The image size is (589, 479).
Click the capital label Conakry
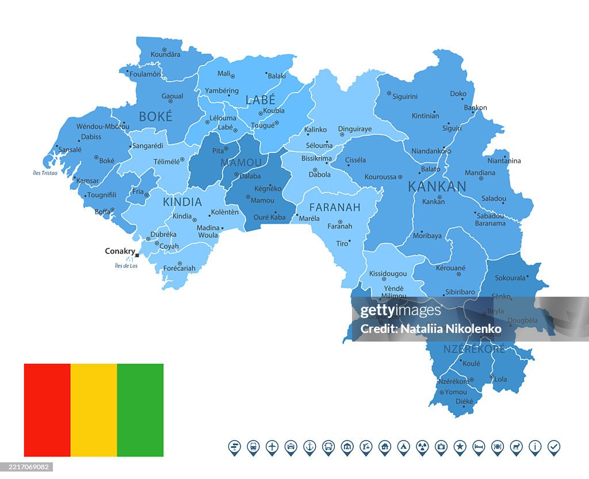(x=120, y=251)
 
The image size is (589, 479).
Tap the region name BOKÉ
(x=155, y=117)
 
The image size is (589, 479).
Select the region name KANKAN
(x=437, y=186)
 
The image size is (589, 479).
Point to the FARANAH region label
(x=335, y=207)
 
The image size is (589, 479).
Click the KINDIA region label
(x=182, y=202)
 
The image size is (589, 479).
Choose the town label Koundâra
(x=165, y=55)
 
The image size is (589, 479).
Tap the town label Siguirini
(x=405, y=97)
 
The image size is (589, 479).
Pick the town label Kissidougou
(x=388, y=274)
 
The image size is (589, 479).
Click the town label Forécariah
(x=179, y=268)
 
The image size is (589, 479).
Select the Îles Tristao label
(x=45, y=173)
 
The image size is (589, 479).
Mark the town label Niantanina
(x=504, y=161)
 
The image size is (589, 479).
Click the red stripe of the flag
(x=47, y=410)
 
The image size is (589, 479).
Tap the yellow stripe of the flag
(x=94, y=410)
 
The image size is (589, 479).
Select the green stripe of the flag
(x=140, y=410)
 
